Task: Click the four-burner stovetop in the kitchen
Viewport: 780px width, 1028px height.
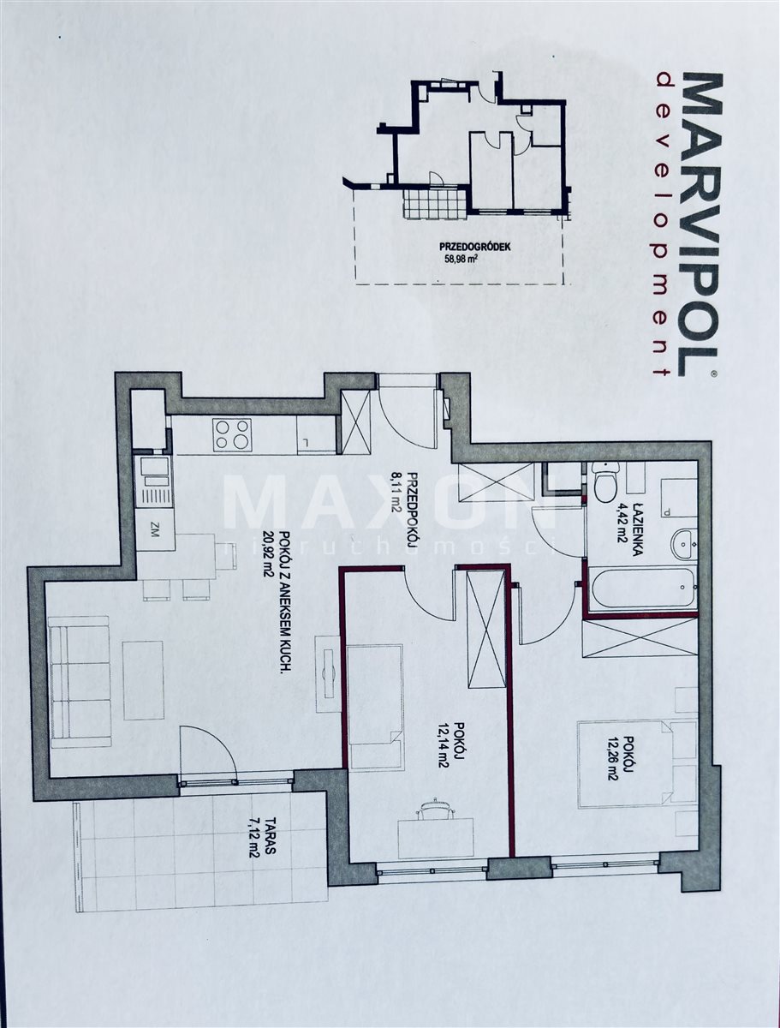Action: coord(231,434)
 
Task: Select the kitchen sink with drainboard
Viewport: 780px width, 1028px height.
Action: coord(153,478)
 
